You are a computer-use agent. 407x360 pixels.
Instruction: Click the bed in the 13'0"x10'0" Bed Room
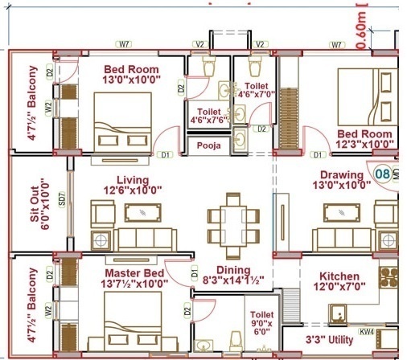point(122,121)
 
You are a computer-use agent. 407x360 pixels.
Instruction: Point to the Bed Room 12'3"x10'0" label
point(365,138)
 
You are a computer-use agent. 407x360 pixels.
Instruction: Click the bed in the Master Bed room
point(131,325)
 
